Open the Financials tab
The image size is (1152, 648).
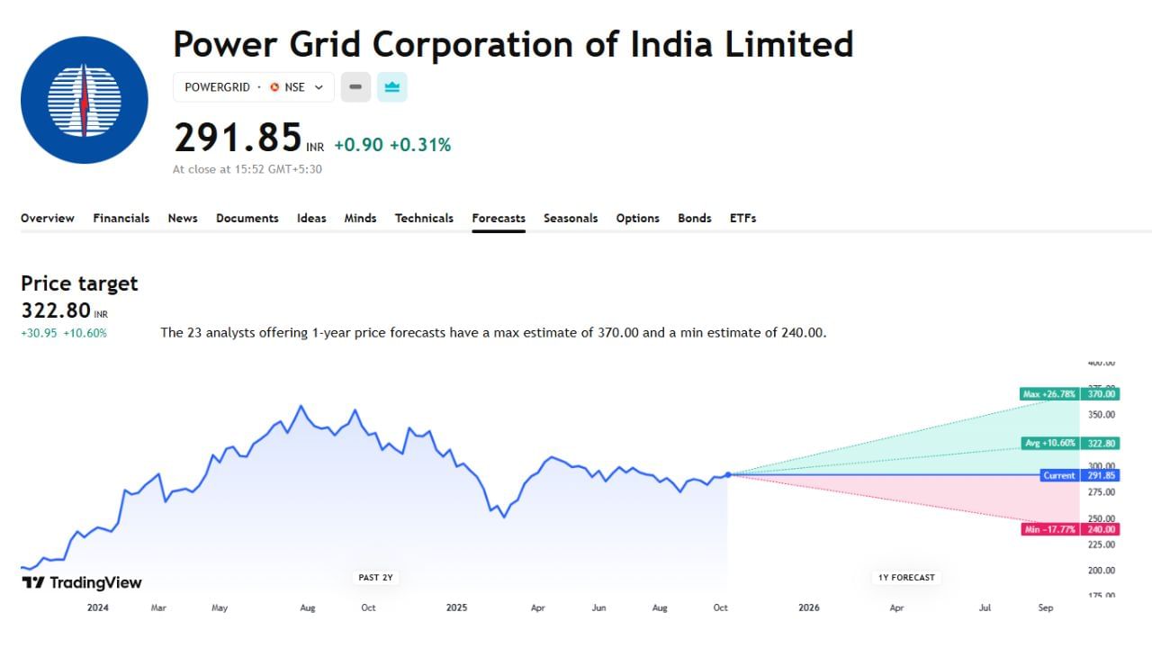click(x=121, y=218)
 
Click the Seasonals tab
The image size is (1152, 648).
click(x=571, y=218)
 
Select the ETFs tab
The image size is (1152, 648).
click(x=742, y=218)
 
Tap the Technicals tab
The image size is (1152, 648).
click(x=424, y=218)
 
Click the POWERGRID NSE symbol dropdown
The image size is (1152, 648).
click(x=253, y=87)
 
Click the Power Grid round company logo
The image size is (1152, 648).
click(x=84, y=100)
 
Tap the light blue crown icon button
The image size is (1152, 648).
click(x=391, y=87)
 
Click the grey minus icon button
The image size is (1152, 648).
click(x=355, y=87)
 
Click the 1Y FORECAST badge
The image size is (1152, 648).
click(x=906, y=577)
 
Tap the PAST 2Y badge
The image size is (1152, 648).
click(x=374, y=577)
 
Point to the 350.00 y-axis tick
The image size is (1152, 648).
click(x=1102, y=415)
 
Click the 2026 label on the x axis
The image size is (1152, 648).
click(x=808, y=607)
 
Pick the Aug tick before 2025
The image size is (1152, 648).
click(x=307, y=607)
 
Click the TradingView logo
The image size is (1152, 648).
click(x=82, y=582)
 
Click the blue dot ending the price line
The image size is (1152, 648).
click(x=727, y=474)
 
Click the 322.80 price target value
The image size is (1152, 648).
click(x=56, y=310)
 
